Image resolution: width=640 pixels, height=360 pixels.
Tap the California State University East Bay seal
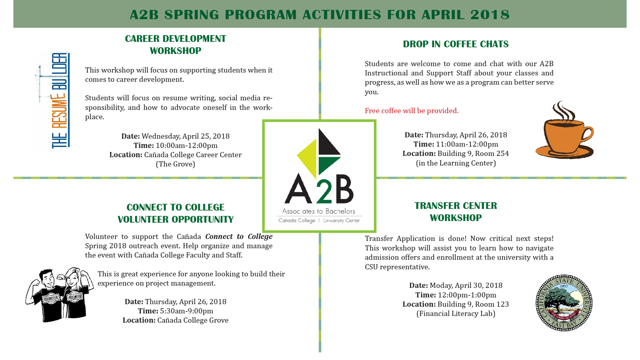pyautogui.click(x=564, y=303)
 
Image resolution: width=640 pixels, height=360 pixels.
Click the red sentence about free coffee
pyautogui.click(x=411, y=111)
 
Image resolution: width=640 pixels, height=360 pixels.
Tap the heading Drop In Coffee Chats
pyautogui.click(x=455, y=44)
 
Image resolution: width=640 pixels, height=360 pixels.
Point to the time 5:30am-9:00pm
pyautogui.click(x=186, y=311)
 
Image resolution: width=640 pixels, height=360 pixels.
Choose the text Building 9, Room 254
pyautogui.click(x=473, y=153)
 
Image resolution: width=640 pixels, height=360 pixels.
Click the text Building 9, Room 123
pyautogui.click(x=473, y=304)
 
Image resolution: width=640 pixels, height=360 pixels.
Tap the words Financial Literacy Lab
pyautogui.click(x=456, y=314)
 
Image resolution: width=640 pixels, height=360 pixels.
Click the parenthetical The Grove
pyautogui.click(x=175, y=164)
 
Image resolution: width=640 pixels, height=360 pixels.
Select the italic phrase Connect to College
pyautogui.click(x=239, y=236)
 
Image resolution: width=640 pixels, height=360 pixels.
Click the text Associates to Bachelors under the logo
pyautogui.click(x=319, y=211)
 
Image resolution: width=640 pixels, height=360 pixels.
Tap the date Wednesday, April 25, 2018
pyautogui.click(x=185, y=136)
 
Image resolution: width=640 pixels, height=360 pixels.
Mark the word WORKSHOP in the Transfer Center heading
pyautogui.click(x=455, y=218)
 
